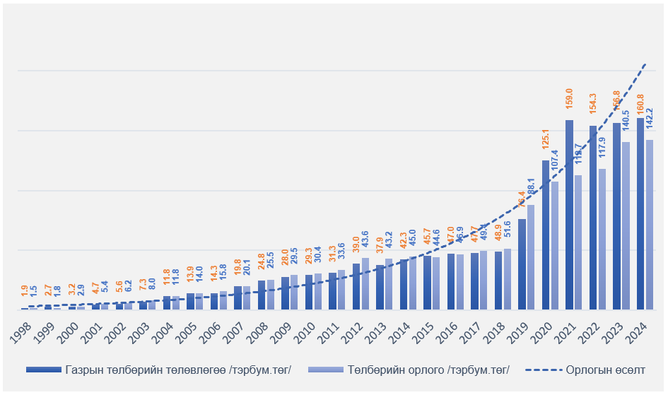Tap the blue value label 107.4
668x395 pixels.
click(x=554, y=162)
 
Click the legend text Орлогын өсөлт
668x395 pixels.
click(x=606, y=370)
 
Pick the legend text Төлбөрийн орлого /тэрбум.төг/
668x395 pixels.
click(x=428, y=370)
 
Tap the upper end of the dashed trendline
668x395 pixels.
click(x=645, y=64)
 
